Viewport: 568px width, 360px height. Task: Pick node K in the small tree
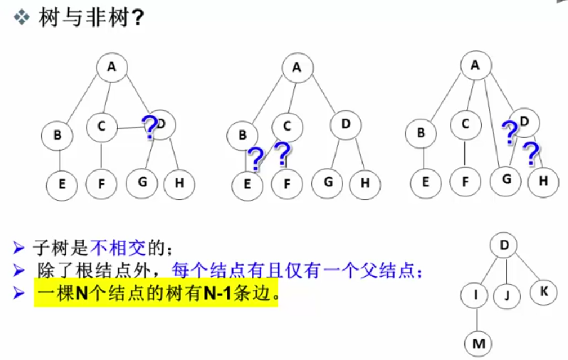pyautogui.click(x=543, y=291)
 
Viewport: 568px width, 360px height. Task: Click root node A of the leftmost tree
pyautogui.click(x=111, y=67)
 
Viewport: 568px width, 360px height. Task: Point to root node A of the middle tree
pyautogui.click(x=297, y=68)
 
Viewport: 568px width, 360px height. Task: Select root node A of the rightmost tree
pyautogui.click(x=475, y=65)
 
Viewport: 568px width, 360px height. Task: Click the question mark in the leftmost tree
pyautogui.click(x=149, y=128)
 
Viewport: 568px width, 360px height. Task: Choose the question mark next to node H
pyautogui.click(x=530, y=154)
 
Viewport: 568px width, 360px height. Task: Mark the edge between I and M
pyautogui.click(x=477, y=319)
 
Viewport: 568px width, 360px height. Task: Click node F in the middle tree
pyautogui.click(x=287, y=183)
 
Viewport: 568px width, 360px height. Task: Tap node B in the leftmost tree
pyautogui.click(x=57, y=135)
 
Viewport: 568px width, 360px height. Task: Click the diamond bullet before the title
pyautogui.click(x=22, y=18)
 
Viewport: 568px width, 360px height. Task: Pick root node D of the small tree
pyautogui.click(x=504, y=244)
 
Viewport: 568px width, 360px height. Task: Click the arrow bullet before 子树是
pyautogui.click(x=20, y=247)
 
